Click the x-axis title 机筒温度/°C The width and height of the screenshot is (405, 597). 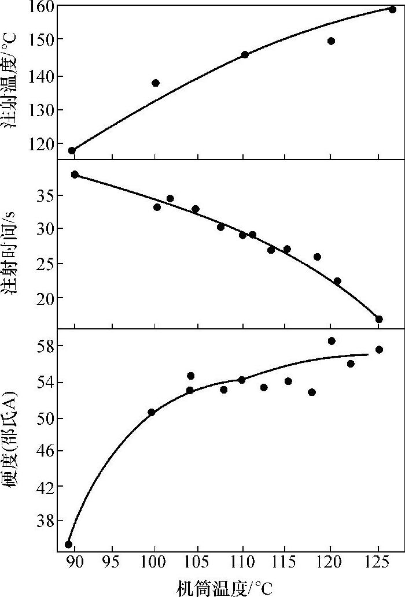224,587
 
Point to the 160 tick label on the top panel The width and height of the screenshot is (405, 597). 41,6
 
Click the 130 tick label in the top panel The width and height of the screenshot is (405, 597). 41,110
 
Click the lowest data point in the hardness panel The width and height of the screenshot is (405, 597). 68,544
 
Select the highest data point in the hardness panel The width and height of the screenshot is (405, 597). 332,341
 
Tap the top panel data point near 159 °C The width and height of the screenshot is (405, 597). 392,9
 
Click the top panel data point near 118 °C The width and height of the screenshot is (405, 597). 72,150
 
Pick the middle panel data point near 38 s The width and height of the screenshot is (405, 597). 75,175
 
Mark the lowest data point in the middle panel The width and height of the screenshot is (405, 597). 379,319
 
